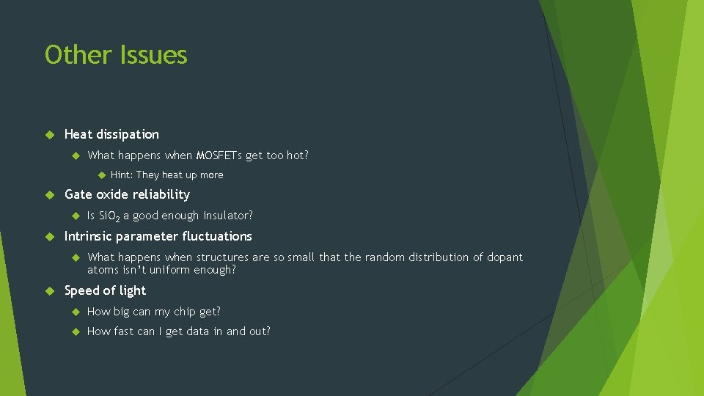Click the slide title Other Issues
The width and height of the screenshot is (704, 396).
pos(116,55)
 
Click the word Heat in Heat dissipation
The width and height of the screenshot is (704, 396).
pos(78,134)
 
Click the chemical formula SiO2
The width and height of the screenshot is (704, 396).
pos(111,216)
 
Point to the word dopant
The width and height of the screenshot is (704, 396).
pos(505,257)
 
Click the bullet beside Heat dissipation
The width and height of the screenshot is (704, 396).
pos(50,134)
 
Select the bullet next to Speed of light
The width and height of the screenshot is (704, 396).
pos(50,290)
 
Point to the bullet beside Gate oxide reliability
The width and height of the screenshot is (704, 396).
pos(50,194)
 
